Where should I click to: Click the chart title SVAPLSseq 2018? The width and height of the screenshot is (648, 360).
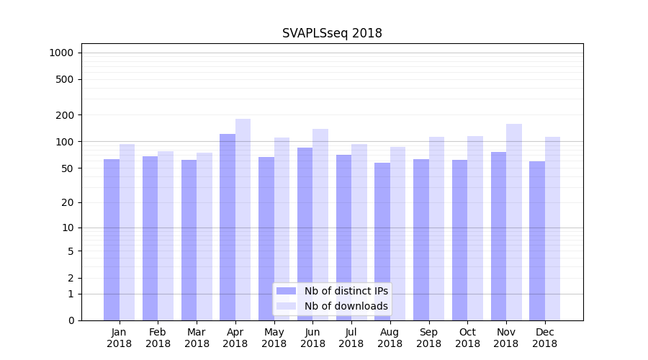332,33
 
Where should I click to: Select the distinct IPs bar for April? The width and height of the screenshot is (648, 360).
228,227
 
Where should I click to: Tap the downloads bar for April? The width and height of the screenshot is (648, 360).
243,220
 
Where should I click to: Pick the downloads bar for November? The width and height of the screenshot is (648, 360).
514,222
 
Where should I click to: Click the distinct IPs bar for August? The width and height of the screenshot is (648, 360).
382,241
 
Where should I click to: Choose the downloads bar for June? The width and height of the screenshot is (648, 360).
320,225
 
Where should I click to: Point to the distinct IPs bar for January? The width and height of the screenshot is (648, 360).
112,240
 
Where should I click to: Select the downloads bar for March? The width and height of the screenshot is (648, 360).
204,236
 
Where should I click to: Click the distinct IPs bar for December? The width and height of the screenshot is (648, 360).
537,240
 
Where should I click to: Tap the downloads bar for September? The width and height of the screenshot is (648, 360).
437,228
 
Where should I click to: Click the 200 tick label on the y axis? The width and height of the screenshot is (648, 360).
64,115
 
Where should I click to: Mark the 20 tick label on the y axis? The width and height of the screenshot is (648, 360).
67,202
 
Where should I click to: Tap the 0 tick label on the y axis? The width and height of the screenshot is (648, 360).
71,320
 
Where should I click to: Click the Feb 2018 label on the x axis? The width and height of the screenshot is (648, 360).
158,338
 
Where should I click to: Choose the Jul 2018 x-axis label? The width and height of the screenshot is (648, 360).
351,338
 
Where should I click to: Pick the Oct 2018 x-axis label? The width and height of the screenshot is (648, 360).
467,338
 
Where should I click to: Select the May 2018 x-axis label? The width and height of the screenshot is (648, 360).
274,338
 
